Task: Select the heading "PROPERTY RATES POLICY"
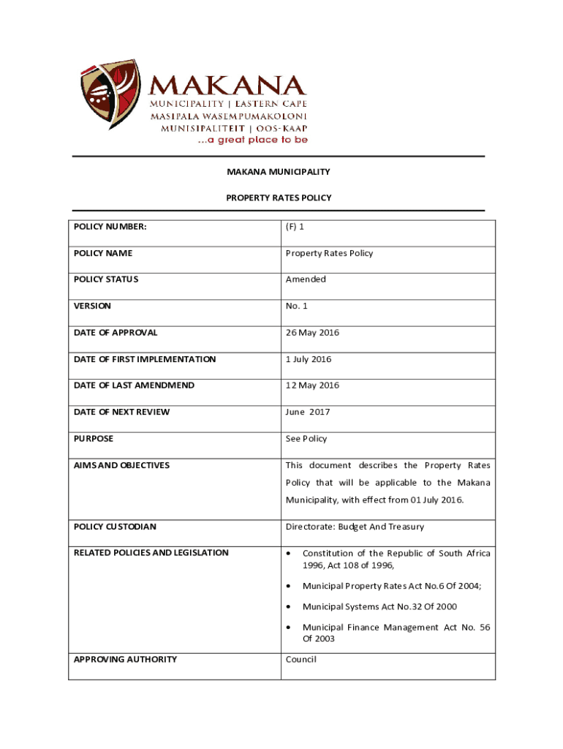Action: point(279,197)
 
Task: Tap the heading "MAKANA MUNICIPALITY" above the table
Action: point(278,172)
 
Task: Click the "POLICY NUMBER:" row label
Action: point(110,227)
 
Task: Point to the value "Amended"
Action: point(306,279)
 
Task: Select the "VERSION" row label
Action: point(92,306)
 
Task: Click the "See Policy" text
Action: point(306,439)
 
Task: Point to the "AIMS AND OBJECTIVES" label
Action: point(121,465)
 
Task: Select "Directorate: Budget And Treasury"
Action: point(355,527)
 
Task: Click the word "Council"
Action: point(301,659)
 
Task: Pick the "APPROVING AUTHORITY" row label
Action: point(125,659)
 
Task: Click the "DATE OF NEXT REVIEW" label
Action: point(121,412)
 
